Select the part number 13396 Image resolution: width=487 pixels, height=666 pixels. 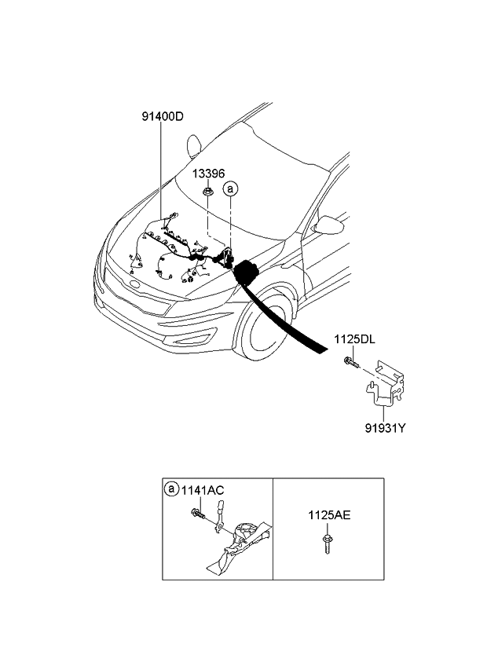(x=208, y=171)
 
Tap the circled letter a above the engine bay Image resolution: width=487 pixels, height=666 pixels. (x=230, y=188)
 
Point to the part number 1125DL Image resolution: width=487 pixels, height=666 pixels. (x=356, y=339)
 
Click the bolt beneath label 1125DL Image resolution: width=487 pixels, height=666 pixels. (x=350, y=362)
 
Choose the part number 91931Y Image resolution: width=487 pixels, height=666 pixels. (x=384, y=429)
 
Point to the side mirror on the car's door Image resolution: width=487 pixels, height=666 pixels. (x=334, y=227)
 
